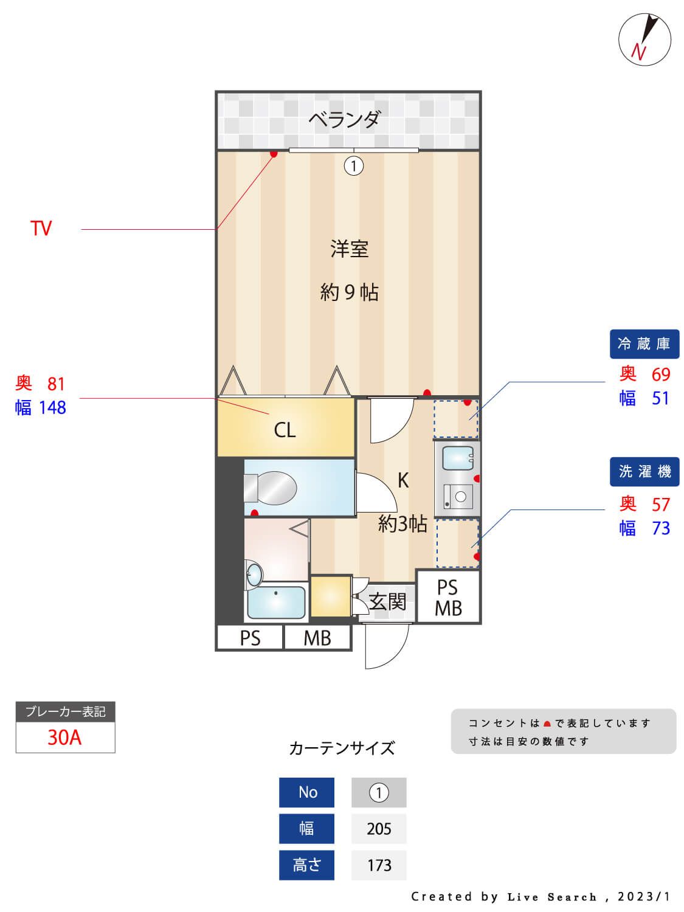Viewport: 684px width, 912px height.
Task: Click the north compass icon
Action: pyautogui.click(x=644, y=40)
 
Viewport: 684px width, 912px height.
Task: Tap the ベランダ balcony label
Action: pyautogui.click(x=344, y=119)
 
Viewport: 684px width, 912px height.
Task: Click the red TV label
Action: pyautogui.click(x=41, y=229)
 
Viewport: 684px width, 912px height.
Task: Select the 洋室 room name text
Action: pyautogui.click(x=349, y=249)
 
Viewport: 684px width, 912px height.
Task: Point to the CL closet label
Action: pyautogui.click(x=285, y=430)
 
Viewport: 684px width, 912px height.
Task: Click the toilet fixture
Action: pyautogui.click(x=271, y=488)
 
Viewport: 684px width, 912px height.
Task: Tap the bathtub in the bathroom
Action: pyautogui.click(x=276, y=601)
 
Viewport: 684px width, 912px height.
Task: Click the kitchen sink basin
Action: pyautogui.click(x=457, y=458)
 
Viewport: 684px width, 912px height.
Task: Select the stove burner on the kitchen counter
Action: pyautogui.click(x=460, y=497)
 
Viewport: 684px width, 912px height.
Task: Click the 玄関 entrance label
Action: pyautogui.click(x=387, y=601)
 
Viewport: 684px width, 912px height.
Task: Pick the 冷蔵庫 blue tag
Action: pyautogui.click(x=644, y=344)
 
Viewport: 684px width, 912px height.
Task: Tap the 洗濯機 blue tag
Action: pyautogui.click(x=644, y=471)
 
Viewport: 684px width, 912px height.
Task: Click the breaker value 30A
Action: pyautogui.click(x=64, y=737)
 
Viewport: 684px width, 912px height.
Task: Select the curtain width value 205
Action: pyautogui.click(x=379, y=829)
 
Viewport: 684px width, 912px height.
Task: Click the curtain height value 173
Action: pyautogui.click(x=379, y=865)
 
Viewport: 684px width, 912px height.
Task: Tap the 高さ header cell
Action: pyautogui.click(x=306, y=865)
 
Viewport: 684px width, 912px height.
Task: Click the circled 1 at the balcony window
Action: pyautogui.click(x=354, y=165)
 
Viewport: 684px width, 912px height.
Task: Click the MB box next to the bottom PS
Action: pyautogui.click(x=317, y=638)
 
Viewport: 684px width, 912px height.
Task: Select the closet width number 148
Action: pyautogui.click(x=52, y=407)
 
